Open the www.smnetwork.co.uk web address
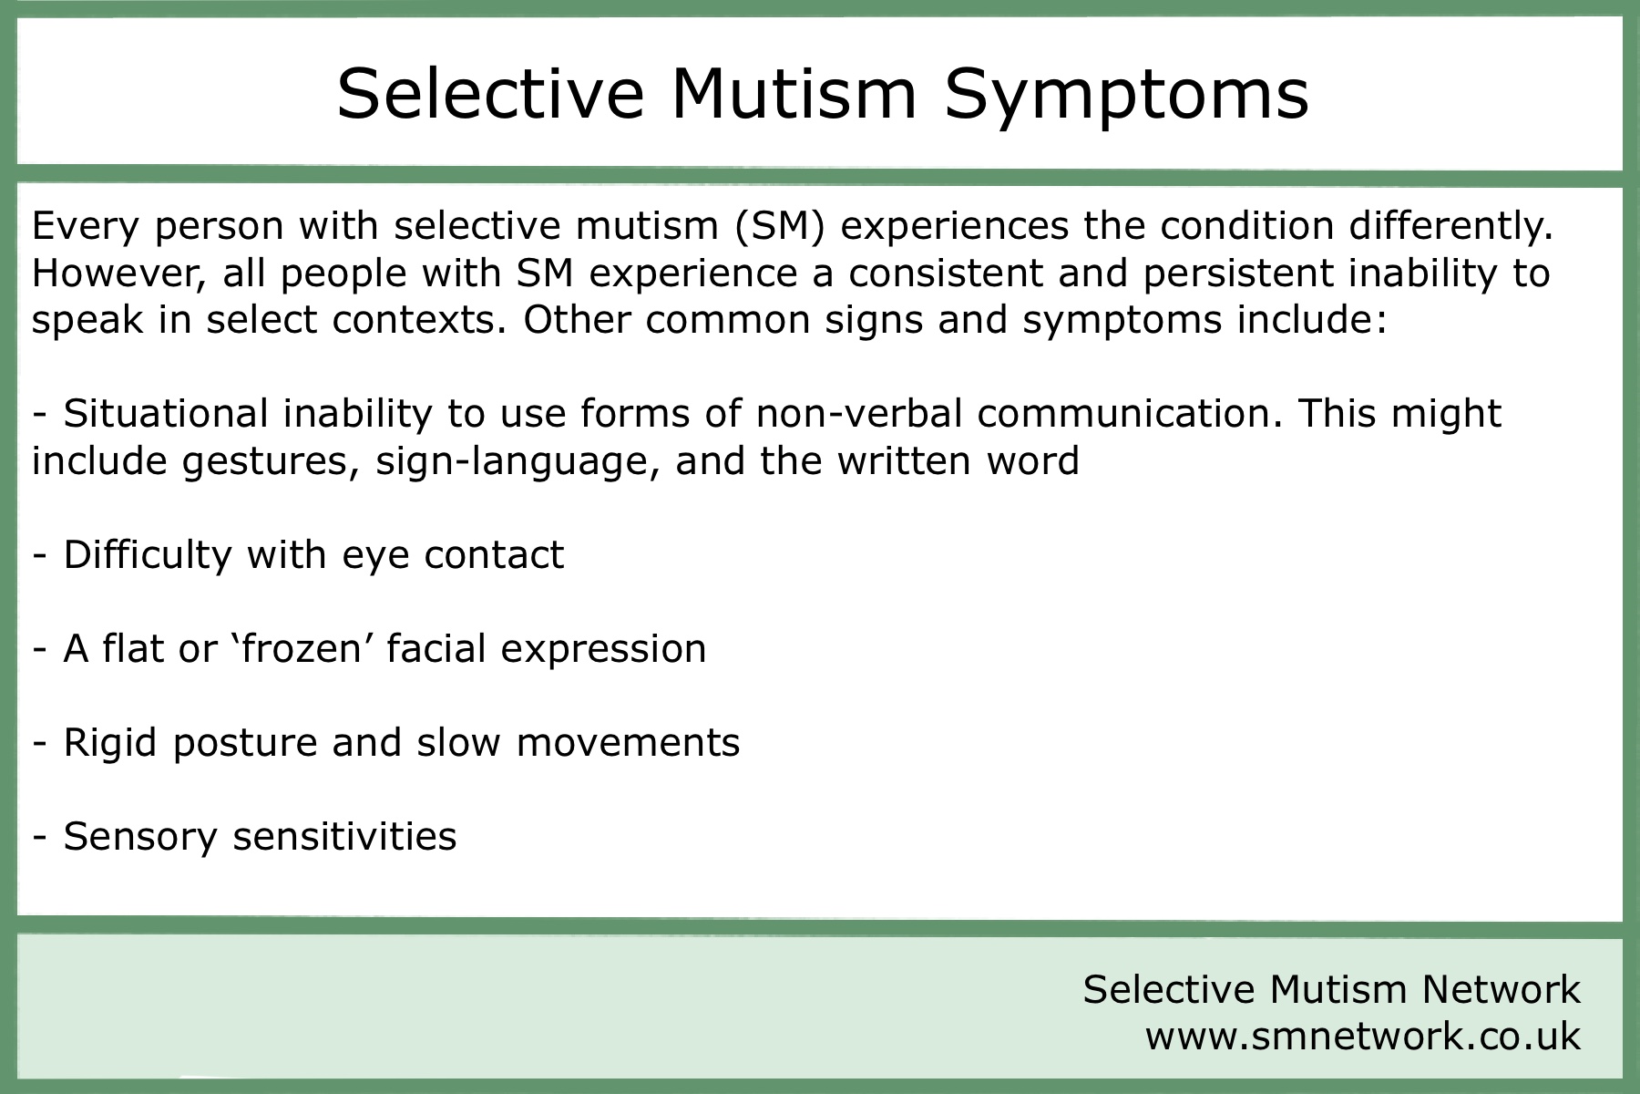point(1363,1037)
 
